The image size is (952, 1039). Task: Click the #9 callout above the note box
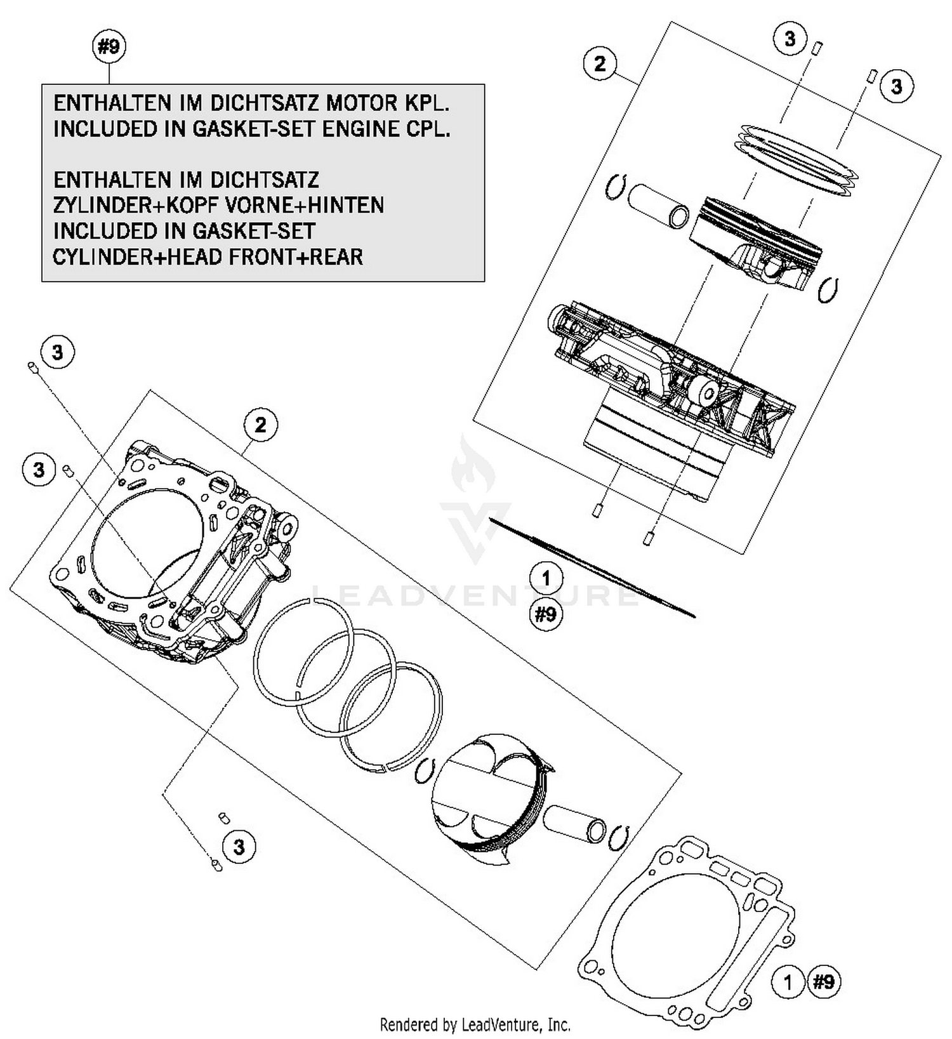click(109, 47)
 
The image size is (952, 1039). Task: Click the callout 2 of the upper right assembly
click(600, 63)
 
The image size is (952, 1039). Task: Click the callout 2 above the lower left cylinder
click(261, 425)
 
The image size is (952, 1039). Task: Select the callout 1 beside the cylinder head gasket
click(788, 983)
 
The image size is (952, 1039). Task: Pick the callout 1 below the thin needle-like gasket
click(546, 578)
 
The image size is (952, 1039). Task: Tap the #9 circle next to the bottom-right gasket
click(823, 983)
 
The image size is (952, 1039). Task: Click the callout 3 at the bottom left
click(239, 847)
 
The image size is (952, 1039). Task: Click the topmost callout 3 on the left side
click(57, 352)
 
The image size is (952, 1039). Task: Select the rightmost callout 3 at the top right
click(896, 86)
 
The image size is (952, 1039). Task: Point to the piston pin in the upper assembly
click(659, 204)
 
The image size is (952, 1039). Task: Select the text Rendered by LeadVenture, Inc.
click(475, 1024)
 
